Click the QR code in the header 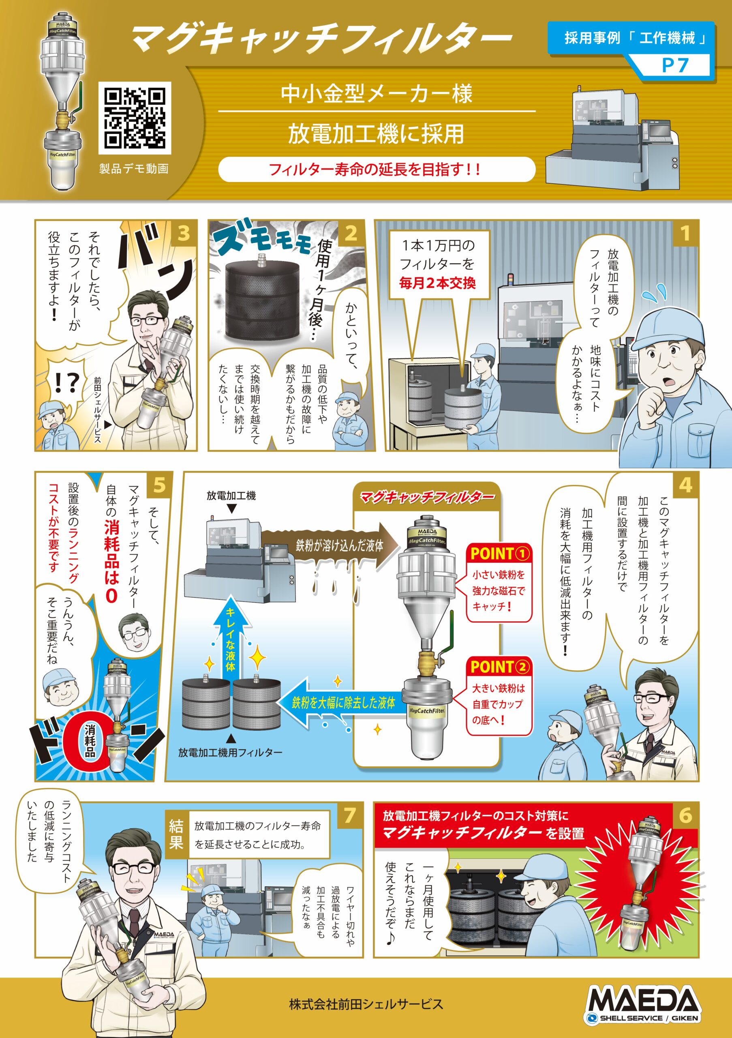(135, 118)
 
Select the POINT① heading (499, 553)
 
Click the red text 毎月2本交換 (437, 283)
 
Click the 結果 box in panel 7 (176, 834)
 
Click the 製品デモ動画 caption (134, 169)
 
